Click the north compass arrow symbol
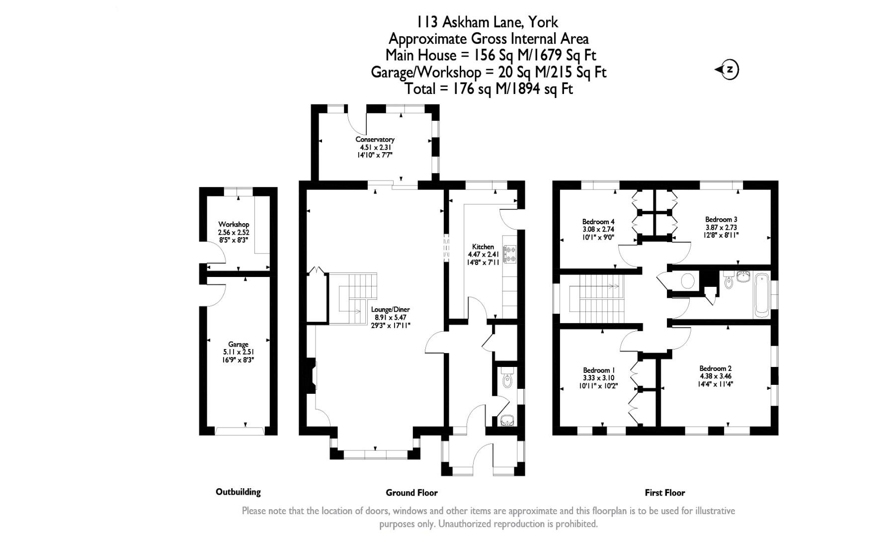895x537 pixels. (727, 70)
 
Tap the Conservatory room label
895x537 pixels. (375, 140)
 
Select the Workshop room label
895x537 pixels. (234, 225)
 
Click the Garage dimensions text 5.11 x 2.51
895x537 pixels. (238, 352)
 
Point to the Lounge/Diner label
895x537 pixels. (391, 309)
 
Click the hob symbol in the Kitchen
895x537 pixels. (510, 254)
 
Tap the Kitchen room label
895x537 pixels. (483, 247)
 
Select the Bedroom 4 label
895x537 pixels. (598, 222)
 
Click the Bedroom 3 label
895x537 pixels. (721, 219)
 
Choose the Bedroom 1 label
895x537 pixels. (599, 370)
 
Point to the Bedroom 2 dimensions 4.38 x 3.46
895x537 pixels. (715, 376)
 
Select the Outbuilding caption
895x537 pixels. (238, 492)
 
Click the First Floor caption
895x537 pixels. (664, 493)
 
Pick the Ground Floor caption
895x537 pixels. (411, 493)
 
